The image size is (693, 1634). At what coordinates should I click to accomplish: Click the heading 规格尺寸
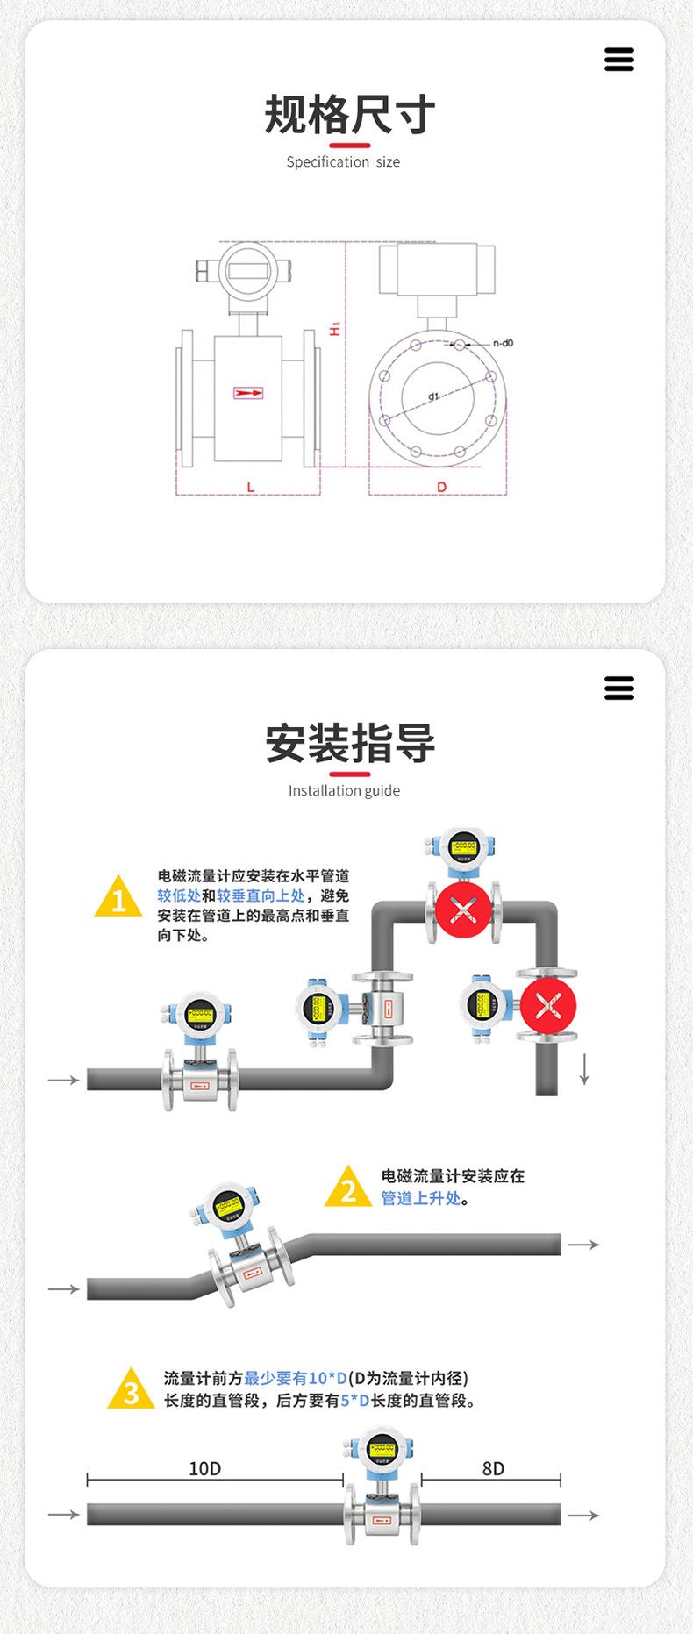click(349, 115)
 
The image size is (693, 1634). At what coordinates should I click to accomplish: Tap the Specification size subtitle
click(343, 162)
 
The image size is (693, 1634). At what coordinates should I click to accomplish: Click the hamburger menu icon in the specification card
click(618, 60)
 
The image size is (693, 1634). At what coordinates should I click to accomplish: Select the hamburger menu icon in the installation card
click(618, 688)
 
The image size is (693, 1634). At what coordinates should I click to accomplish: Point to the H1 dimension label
click(334, 329)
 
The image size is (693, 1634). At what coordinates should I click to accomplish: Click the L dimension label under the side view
click(250, 487)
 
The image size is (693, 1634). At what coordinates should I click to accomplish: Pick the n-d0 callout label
click(503, 343)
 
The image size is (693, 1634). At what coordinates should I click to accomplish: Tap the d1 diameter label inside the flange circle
click(433, 396)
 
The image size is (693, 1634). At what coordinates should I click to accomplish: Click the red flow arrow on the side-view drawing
click(248, 393)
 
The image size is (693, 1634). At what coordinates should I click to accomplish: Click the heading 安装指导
click(349, 743)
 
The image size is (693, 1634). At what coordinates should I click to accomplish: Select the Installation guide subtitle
click(344, 790)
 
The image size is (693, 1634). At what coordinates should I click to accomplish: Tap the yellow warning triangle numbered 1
click(118, 897)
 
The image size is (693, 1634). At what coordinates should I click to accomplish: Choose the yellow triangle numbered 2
click(347, 1188)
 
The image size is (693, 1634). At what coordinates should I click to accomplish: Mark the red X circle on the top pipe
click(463, 910)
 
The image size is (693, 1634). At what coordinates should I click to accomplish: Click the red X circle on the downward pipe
click(548, 1006)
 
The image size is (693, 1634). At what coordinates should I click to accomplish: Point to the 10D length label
click(205, 1468)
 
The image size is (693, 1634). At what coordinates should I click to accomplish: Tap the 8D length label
click(493, 1468)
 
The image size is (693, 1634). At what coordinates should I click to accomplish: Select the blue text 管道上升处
click(420, 1199)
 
